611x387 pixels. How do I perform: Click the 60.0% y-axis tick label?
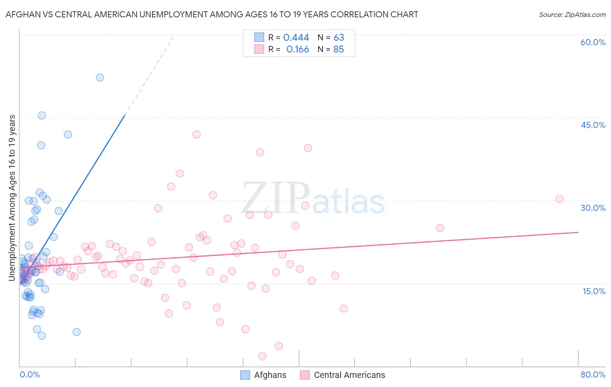[x=593, y=42]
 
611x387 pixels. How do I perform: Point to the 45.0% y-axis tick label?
[x=593, y=125]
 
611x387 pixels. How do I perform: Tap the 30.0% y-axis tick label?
[x=593, y=208]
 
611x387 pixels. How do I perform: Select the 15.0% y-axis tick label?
[x=594, y=291]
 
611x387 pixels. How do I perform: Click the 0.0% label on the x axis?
[x=30, y=374]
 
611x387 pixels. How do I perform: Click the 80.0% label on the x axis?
[x=593, y=374]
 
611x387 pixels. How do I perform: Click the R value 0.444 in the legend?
[x=296, y=38]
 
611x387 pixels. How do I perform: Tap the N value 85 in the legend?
[x=339, y=49]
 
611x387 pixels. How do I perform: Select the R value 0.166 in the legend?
[x=298, y=49]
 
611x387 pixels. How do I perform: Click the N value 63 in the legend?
[x=339, y=38]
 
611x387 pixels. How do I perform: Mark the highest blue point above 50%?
[x=100, y=78]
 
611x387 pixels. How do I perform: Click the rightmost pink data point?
[x=559, y=199]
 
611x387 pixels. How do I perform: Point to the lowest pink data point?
[x=262, y=356]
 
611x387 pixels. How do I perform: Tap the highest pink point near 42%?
[x=196, y=134]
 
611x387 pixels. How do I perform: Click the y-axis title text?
[x=12, y=197]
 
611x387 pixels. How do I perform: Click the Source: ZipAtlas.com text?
[x=572, y=15]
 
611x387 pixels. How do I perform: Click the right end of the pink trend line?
[x=578, y=232]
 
